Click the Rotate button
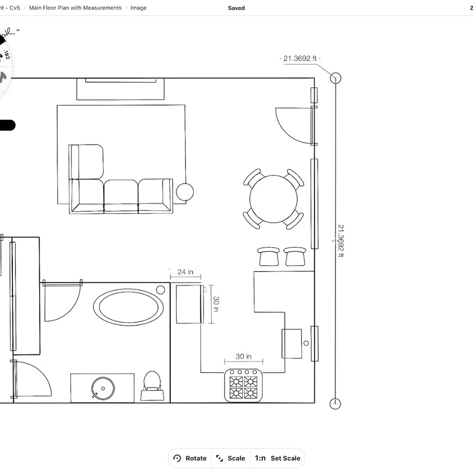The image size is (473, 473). point(190,458)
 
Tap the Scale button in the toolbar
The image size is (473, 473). point(231,458)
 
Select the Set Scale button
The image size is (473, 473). point(278,458)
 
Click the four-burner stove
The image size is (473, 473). point(244,385)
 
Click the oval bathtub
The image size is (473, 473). point(128,307)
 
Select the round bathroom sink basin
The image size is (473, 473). point(103,388)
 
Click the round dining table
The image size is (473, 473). point(273,199)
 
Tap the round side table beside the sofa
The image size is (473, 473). point(185,192)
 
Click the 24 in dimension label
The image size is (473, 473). point(185,272)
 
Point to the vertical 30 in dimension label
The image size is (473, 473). point(216,304)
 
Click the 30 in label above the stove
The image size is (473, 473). point(243,357)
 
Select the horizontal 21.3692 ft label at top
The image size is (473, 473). point(300,59)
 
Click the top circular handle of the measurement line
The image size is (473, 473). point(336,78)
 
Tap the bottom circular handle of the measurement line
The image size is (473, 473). point(336,403)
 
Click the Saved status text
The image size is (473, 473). point(236,8)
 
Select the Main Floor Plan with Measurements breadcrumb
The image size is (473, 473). point(75,8)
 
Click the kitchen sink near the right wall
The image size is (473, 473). point(292,343)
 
